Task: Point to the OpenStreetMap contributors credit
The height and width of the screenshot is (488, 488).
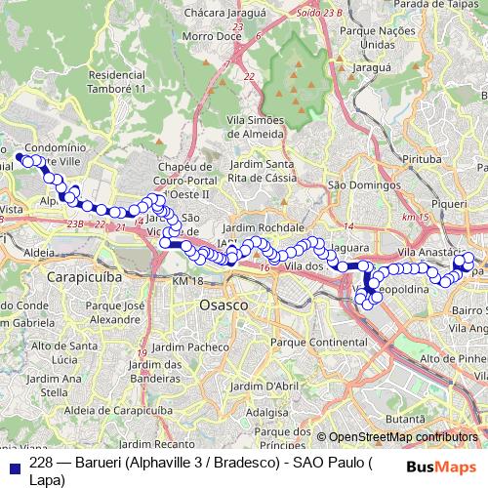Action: [x=402, y=411]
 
